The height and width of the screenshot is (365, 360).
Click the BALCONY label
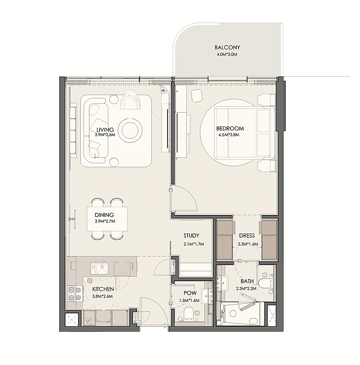pyautogui.click(x=227, y=48)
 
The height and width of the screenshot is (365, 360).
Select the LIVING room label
pyautogui.click(x=105, y=130)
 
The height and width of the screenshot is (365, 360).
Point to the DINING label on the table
pyautogui.click(x=104, y=215)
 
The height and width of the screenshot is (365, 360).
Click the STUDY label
pyautogui.click(x=191, y=236)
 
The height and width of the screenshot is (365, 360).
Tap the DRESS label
pyautogui.click(x=247, y=236)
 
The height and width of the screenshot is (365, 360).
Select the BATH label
pyautogui.click(x=247, y=281)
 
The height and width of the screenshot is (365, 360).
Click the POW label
pyautogui.click(x=190, y=293)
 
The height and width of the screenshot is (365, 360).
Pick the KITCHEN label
pyautogui.click(x=103, y=289)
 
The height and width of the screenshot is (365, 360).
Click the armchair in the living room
pyautogui.click(x=131, y=100)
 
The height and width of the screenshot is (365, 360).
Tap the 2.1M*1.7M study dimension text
pyautogui.click(x=194, y=244)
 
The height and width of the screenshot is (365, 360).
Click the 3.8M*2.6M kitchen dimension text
pyautogui.click(x=102, y=296)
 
